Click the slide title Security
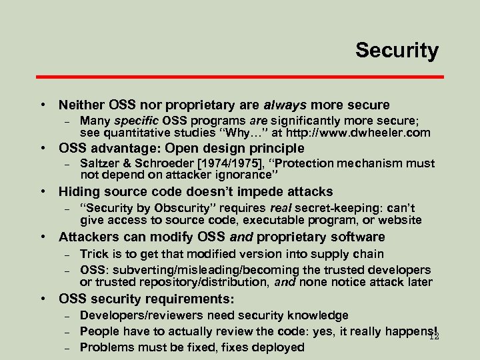pos(397,50)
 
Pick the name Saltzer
pos(99,164)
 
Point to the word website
pos(398,219)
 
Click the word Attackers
pos(87,237)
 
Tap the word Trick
pos(94,253)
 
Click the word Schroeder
pos(160,164)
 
